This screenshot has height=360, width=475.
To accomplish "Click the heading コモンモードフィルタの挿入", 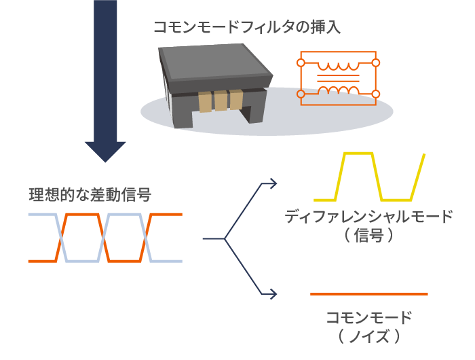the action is click(247, 27).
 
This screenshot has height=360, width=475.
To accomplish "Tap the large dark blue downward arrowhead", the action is click(105, 151).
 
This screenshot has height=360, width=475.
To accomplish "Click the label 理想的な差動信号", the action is click(90, 195).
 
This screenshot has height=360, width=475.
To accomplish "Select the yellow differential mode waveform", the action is click(370, 177).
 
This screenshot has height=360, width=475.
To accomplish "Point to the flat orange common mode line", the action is click(369, 294).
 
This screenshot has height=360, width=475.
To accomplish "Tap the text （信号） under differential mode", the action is click(368, 235).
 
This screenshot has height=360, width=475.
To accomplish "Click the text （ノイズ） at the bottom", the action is click(368, 336).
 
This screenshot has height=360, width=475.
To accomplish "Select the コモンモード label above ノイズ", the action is click(368, 317).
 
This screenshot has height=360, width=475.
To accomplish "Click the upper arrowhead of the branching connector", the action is click(273, 183).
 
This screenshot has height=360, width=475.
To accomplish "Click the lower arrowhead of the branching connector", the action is click(273, 294).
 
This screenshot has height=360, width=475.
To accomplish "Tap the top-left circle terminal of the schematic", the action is click(301, 63).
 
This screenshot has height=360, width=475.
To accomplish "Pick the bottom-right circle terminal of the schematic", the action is click(376, 94).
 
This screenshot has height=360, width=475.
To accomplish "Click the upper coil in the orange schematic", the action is click(338, 66).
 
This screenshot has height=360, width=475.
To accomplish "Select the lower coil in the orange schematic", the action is click(338, 90).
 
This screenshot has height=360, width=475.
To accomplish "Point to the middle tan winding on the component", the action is click(221, 101).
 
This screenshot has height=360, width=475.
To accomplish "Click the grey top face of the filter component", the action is click(214, 62).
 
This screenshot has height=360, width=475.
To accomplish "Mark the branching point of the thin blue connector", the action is click(225, 238).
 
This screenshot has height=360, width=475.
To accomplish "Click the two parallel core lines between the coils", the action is click(338, 78).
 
